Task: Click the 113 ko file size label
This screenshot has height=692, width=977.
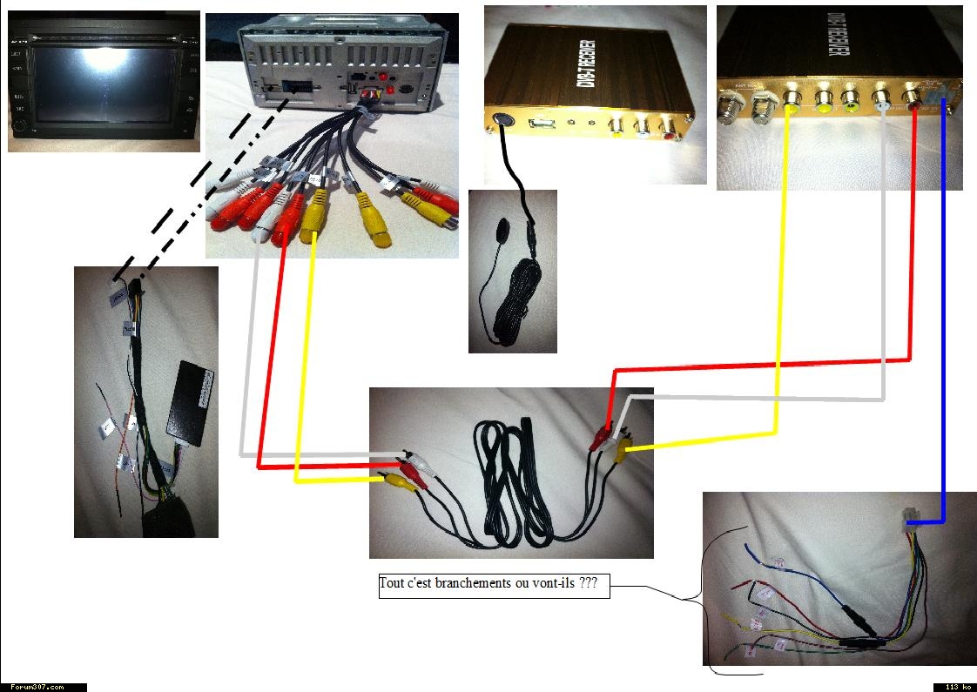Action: [x=954, y=687]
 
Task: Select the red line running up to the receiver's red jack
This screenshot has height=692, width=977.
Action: [x=911, y=261]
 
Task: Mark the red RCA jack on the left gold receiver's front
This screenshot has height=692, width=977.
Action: [x=667, y=129]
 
